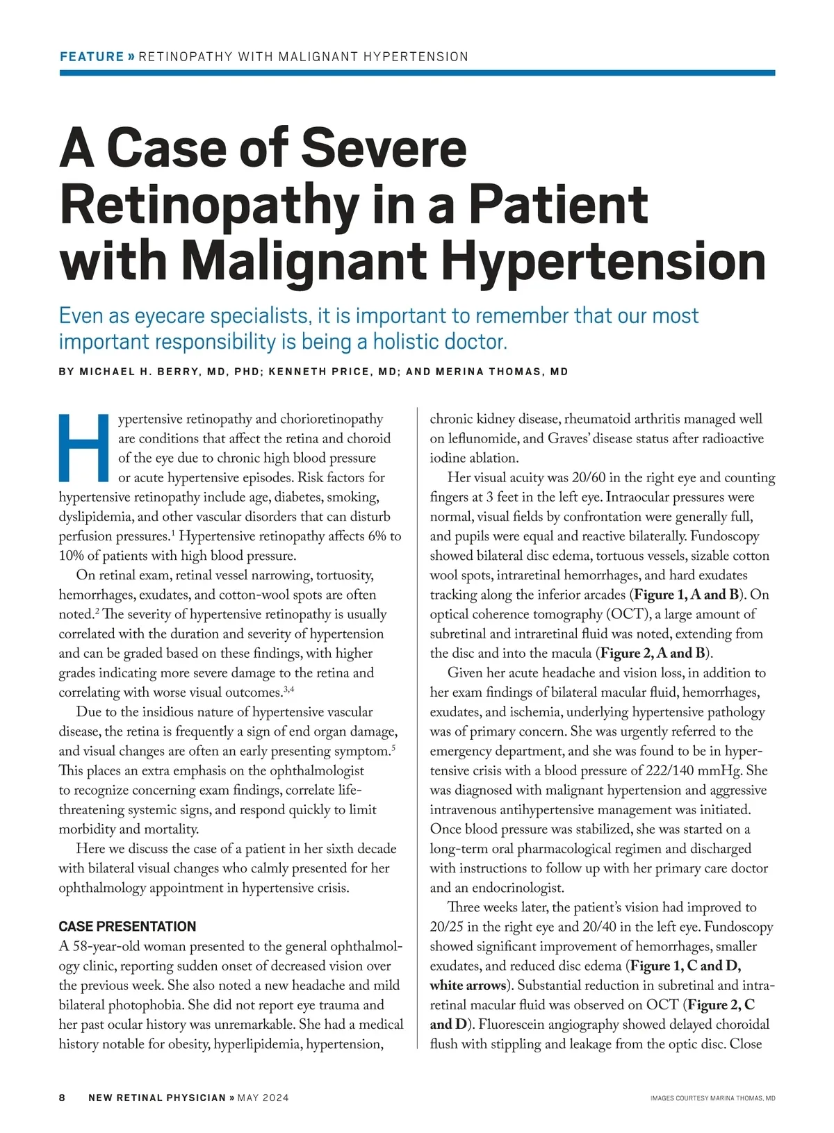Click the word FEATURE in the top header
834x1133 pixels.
pyautogui.click(x=92, y=57)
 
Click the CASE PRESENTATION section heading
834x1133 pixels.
pyautogui.click(x=127, y=927)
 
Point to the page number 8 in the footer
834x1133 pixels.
pyautogui.click(x=63, y=1098)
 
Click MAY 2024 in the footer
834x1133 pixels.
pyautogui.click(x=263, y=1098)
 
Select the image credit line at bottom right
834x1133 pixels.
pyautogui.click(x=712, y=1098)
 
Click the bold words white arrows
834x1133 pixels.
pyautogui.click(x=468, y=985)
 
